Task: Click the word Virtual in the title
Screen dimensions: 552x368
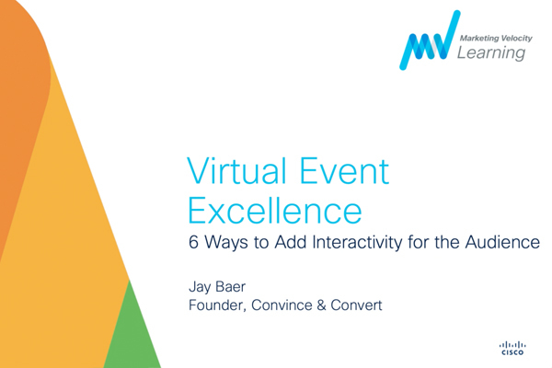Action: point(236,171)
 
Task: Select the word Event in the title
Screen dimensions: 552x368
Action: point(344,171)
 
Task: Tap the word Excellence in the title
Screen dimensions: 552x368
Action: point(275,211)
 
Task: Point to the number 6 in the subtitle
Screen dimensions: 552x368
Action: point(193,242)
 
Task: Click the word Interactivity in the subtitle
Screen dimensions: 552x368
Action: point(357,243)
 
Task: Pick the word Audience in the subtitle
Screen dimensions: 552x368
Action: point(502,242)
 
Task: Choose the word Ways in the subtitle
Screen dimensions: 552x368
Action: point(225,243)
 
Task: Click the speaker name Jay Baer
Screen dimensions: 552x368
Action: point(217,287)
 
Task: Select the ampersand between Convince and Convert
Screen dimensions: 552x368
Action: point(321,305)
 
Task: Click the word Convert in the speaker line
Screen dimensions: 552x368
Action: point(356,305)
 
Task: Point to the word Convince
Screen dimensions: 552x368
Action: point(282,305)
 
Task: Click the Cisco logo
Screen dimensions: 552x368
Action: point(512,348)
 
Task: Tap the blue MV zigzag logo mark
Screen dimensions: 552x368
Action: point(430,40)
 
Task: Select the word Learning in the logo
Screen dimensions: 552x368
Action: point(491,53)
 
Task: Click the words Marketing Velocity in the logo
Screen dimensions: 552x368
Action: point(496,38)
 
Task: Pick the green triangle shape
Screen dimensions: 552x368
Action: point(133,335)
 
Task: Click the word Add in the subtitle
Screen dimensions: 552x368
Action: point(291,242)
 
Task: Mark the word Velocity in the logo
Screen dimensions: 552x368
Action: point(517,38)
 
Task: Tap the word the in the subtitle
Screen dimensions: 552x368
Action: point(447,242)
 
